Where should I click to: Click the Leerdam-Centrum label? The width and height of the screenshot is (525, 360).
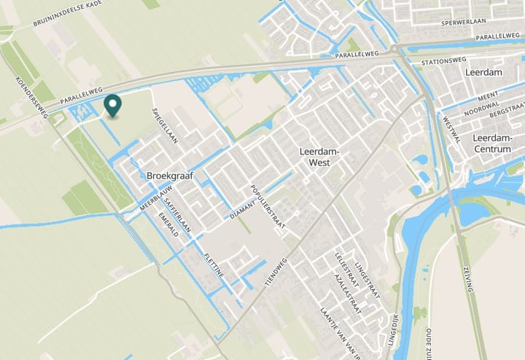pos(497,144)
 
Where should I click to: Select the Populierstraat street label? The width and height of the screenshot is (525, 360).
pos(266,207)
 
